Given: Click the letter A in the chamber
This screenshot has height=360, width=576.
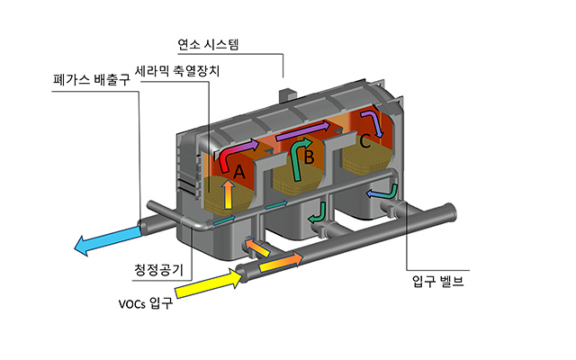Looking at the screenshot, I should [x=239, y=170].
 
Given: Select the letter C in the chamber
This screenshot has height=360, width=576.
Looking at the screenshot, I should [x=364, y=141].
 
